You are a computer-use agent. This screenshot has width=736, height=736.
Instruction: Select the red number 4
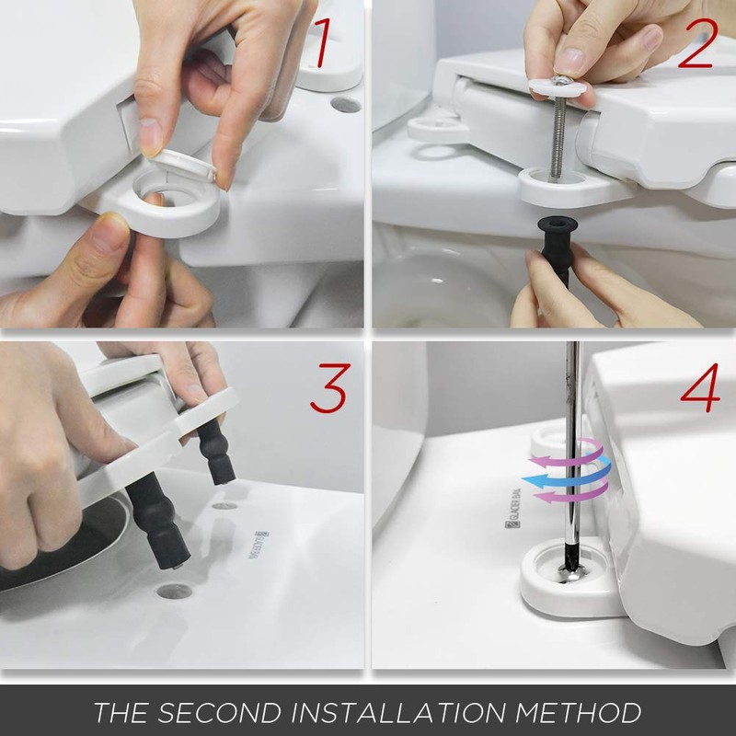pyautogui.click(x=702, y=391)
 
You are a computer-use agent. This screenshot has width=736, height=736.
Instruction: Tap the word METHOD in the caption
pyautogui.click(x=591, y=712)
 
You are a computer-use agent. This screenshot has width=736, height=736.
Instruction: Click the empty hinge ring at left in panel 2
pyautogui.click(x=431, y=125)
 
